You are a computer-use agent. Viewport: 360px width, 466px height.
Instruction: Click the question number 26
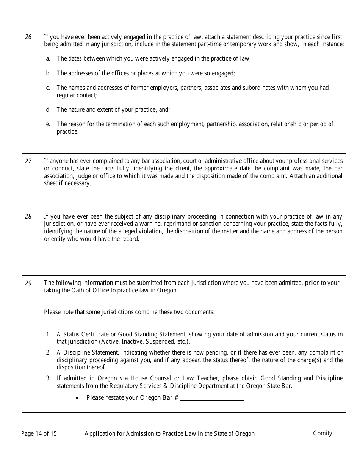click(x=28, y=37)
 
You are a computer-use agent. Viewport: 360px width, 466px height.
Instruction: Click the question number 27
click(x=28, y=161)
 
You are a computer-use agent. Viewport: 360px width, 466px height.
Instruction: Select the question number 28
click(x=28, y=217)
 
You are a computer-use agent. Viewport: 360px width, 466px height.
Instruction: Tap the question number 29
click(x=28, y=283)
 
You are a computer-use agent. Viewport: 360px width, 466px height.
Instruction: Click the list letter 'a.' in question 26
click(x=48, y=59)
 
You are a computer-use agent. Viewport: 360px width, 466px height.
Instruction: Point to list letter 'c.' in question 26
click(x=48, y=88)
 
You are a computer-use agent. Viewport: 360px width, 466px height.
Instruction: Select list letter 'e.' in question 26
click(x=48, y=124)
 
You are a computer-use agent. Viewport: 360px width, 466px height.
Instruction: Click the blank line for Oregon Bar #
click(x=212, y=398)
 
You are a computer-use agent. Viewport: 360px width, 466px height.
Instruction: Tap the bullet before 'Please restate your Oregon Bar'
click(x=77, y=398)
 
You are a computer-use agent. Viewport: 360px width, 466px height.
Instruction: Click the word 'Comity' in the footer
click(x=322, y=433)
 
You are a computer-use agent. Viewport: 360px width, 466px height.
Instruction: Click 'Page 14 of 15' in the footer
click(x=39, y=433)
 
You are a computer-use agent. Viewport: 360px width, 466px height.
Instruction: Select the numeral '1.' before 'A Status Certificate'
click(x=48, y=335)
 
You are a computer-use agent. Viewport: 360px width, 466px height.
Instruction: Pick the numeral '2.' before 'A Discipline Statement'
click(x=48, y=353)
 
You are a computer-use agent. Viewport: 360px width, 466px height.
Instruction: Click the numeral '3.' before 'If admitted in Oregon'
click(x=48, y=378)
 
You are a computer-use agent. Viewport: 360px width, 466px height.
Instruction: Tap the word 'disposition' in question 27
click(x=238, y=176)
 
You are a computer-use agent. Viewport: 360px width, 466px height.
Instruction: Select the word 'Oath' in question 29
click(x=78, y=291)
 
